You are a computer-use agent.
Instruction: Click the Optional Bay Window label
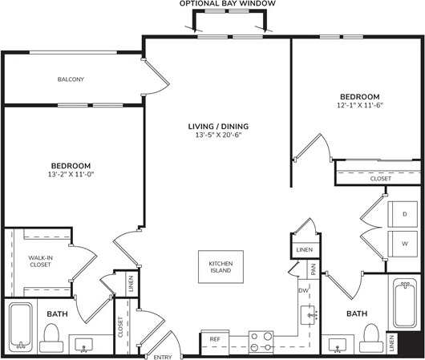(228, 4)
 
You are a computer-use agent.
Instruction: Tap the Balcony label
(71, 79)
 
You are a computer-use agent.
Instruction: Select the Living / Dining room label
(218, 126)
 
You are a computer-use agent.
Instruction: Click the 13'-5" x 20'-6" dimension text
(218, 136)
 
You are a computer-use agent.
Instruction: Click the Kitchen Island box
(221, 267)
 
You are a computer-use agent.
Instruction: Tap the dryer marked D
(404, 214)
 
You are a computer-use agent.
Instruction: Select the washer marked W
(404, 242)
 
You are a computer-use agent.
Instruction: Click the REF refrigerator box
(215, 340)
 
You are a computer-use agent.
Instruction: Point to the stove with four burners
(262, 342)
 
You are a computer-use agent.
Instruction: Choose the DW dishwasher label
(303, 290)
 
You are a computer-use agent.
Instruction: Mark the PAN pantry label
(314, 271)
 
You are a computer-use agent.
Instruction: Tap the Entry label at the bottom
(163, 356)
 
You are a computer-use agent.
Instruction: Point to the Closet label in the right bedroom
(381, 179)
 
